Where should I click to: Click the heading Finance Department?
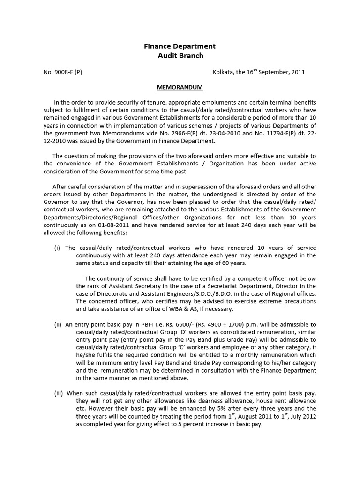click(x=180, y=46)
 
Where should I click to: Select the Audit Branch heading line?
click(x=180, y=55)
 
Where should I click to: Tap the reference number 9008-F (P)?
click(x=62, y=72)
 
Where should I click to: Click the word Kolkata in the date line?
click(x=224, y=72)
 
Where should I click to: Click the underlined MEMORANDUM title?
click(x=180, y=88)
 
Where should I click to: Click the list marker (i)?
click(x=58, y=247)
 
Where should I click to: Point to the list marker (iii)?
click(x=59, y=394)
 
